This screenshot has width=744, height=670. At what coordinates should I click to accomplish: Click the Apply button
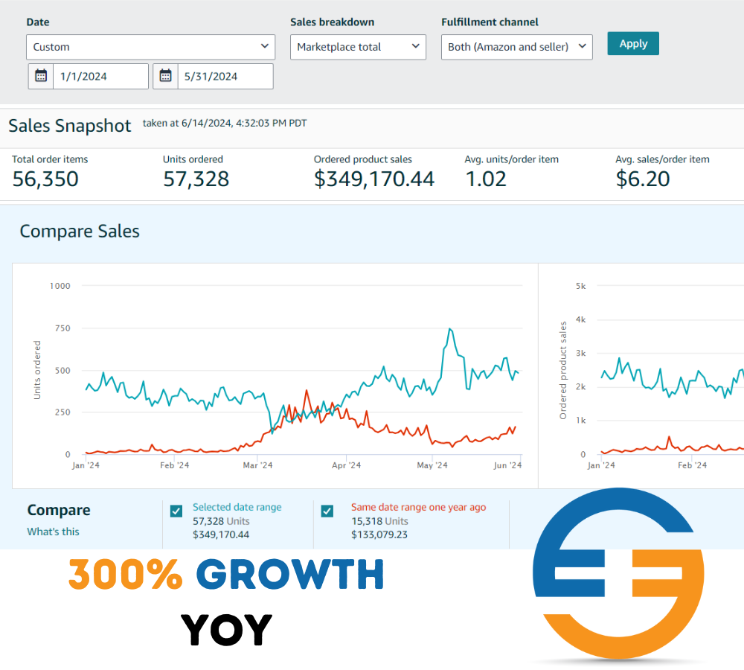633,43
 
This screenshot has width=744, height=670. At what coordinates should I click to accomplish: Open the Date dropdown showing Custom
151,47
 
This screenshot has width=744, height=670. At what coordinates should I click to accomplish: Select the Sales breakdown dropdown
358,47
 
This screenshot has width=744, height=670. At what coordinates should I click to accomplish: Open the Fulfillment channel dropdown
516,47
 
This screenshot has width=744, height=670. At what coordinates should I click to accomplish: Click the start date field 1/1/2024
100,76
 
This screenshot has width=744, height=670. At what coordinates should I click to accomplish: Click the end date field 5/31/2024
225,76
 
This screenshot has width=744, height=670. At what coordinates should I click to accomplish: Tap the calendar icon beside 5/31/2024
165,76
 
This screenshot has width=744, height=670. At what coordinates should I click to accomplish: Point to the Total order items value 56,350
45,179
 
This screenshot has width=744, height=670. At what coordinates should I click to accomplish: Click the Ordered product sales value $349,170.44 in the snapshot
374,179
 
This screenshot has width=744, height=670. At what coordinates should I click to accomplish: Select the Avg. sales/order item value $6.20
643,179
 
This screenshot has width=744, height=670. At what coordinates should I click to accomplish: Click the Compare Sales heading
80,232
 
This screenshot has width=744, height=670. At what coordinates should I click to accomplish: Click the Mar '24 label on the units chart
257,465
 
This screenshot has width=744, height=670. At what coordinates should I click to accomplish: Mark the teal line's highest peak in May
450,329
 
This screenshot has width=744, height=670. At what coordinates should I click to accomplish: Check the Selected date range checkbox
176,511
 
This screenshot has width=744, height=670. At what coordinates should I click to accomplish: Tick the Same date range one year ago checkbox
327,511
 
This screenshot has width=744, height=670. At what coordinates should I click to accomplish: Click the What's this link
53,532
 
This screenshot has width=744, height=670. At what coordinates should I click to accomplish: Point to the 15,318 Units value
379,521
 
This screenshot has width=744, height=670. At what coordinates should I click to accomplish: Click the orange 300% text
126,575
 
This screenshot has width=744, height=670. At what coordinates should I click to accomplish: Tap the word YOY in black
227,630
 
